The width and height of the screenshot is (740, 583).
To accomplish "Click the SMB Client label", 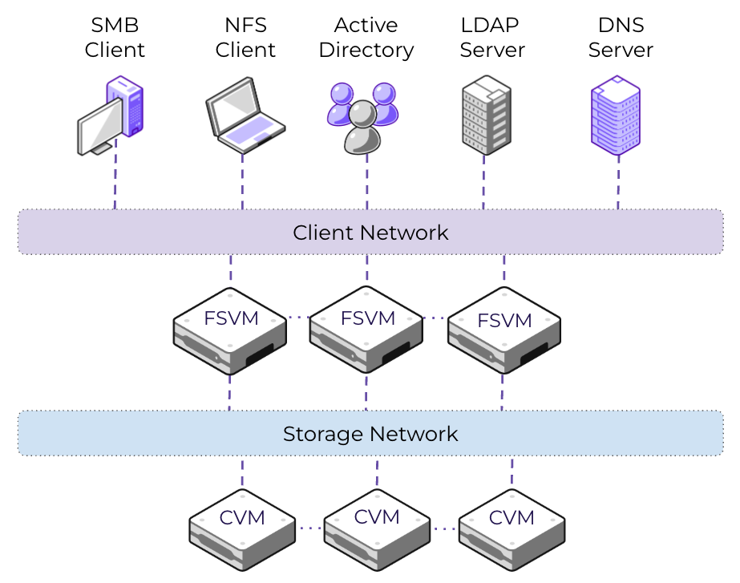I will (x=115, y=38).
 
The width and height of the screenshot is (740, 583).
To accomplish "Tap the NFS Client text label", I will (x=245, y=38).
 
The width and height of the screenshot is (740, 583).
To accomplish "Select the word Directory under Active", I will (x=366, y=50).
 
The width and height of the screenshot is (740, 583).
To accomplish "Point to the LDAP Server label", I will (x=492, y=38).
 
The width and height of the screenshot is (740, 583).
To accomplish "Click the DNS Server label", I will (x=621, y=38).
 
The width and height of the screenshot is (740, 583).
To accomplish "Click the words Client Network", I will (x=370, y=233).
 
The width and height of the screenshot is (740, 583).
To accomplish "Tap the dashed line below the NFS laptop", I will (x=242, y=180).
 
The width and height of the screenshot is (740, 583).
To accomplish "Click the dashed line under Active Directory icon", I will (x=367, y=182).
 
